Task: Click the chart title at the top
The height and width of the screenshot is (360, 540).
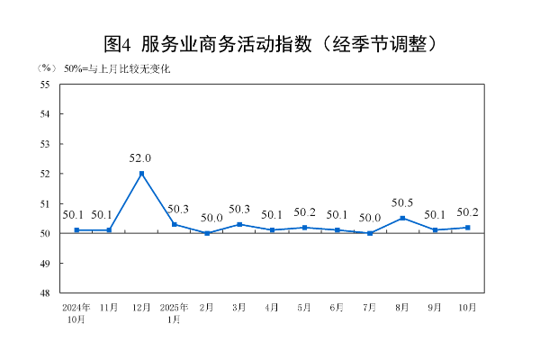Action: click(x=271, y=43)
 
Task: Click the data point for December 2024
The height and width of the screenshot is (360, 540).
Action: click(x=141, y=174)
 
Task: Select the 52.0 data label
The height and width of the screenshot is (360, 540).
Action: click(x=140, y=158)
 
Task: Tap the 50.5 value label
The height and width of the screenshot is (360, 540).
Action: click(x=402, y=202)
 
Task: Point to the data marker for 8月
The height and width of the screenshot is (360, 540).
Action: click(x=402, y=218)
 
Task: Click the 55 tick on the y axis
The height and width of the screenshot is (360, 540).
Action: click(x=44, y=85)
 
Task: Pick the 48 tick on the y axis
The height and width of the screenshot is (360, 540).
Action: click(x=44, y=292)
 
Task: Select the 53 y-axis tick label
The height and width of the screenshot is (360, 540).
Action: click(x=44, y=144)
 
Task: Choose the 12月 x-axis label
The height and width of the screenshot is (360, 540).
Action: click(x=141, y=307)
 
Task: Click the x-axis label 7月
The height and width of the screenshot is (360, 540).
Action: click(x=370, y=307)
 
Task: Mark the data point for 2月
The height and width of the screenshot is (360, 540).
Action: click(x=207, y=233)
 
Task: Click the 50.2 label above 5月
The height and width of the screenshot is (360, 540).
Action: click(x=304, y=212)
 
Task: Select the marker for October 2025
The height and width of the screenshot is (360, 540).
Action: click(x=467, y=227)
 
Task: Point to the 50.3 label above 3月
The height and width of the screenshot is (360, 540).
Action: click(x=239, y=210)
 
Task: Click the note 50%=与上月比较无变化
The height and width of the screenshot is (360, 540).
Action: click(x=116, y=68)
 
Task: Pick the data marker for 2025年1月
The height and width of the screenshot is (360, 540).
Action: click(x=174, y=224)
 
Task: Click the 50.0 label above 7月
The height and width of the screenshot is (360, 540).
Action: click(x=370, y=218)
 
